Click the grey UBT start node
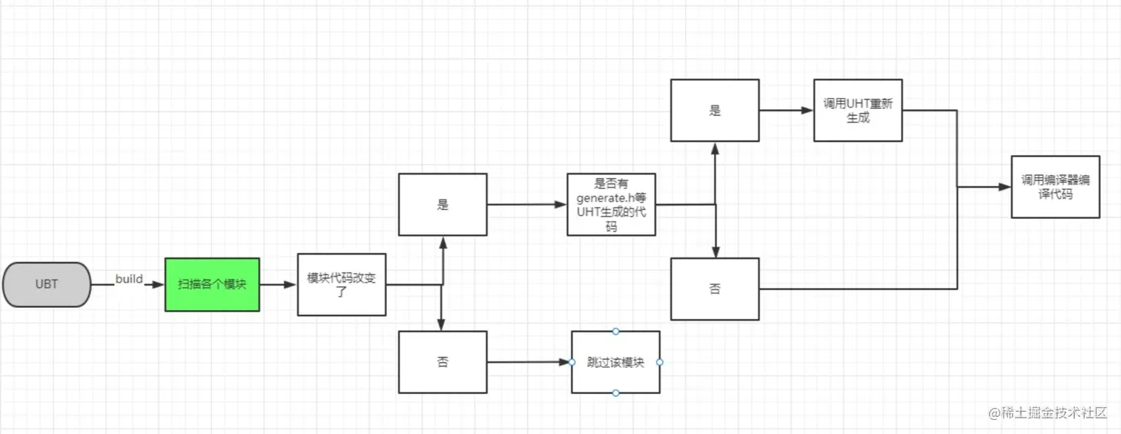pos(47,284)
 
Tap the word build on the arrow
pos(129,279)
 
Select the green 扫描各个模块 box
pos(212,284)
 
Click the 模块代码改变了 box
pos(341,284)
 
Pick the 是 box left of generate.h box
pos(443,205)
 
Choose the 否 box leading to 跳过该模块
pos(443,362)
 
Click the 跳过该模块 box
pos(615,362)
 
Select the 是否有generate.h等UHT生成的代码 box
pos(611,205)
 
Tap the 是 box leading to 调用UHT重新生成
pos(715,111)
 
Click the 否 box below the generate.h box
pos(715,289)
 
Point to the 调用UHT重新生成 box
pos(858,111)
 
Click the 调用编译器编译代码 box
pos(1055,187)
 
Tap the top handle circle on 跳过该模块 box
pos(615,331)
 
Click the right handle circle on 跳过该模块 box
pos(660,362)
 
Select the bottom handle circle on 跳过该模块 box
pos(615,392)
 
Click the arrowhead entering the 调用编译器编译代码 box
pos(1005,187)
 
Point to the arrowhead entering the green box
pos(159,284)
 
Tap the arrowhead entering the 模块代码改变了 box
pos(291,284)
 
